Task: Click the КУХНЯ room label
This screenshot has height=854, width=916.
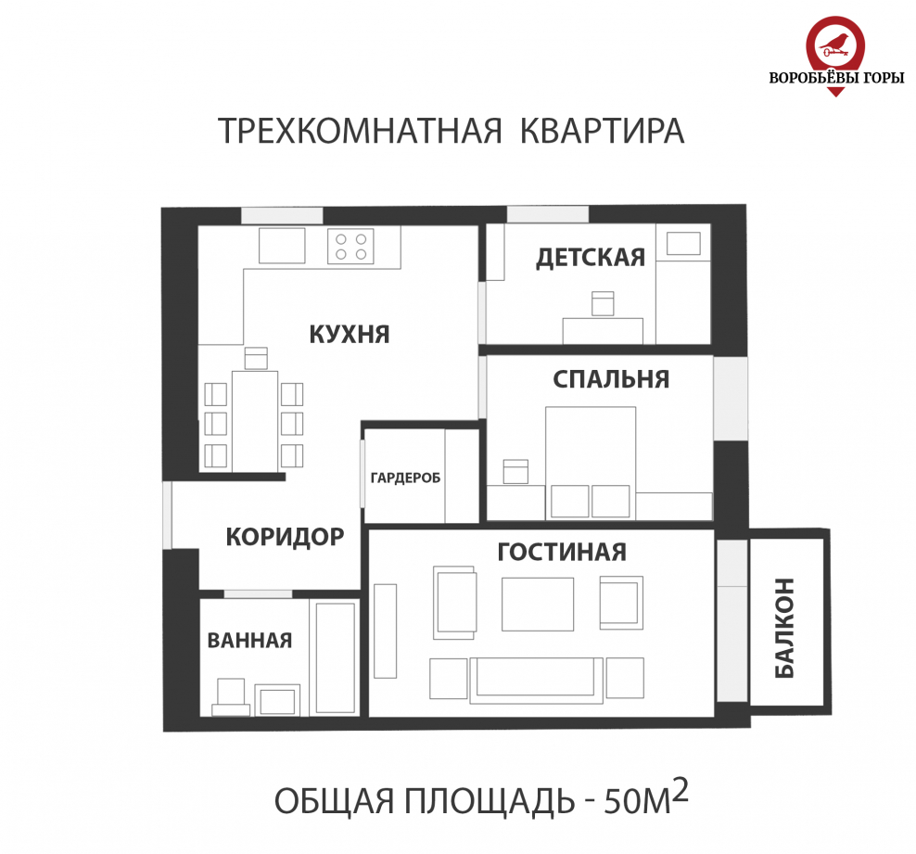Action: click(349, 334)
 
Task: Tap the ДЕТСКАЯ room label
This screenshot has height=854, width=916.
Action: click(590, 257)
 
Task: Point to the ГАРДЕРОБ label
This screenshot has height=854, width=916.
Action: click(404, 478)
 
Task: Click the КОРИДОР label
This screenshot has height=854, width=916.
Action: click(285, 536)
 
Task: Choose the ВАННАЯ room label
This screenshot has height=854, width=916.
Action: click(249, 640)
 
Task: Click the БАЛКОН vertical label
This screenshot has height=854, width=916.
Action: click(784, 628)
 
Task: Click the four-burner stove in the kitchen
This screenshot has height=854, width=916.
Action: click(350, 246)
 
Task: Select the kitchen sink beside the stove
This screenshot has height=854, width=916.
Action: click(282, 246)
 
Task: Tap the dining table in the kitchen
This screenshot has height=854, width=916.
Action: click(254, 420)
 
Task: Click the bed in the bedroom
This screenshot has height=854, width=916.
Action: click(591, 454)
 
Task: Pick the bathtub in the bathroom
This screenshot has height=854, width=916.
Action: click(336, 656)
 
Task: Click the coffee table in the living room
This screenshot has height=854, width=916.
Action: click(538, 604)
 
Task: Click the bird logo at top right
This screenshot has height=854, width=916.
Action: click(836, 42)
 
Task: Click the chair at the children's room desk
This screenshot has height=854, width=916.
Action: click(603, 303)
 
